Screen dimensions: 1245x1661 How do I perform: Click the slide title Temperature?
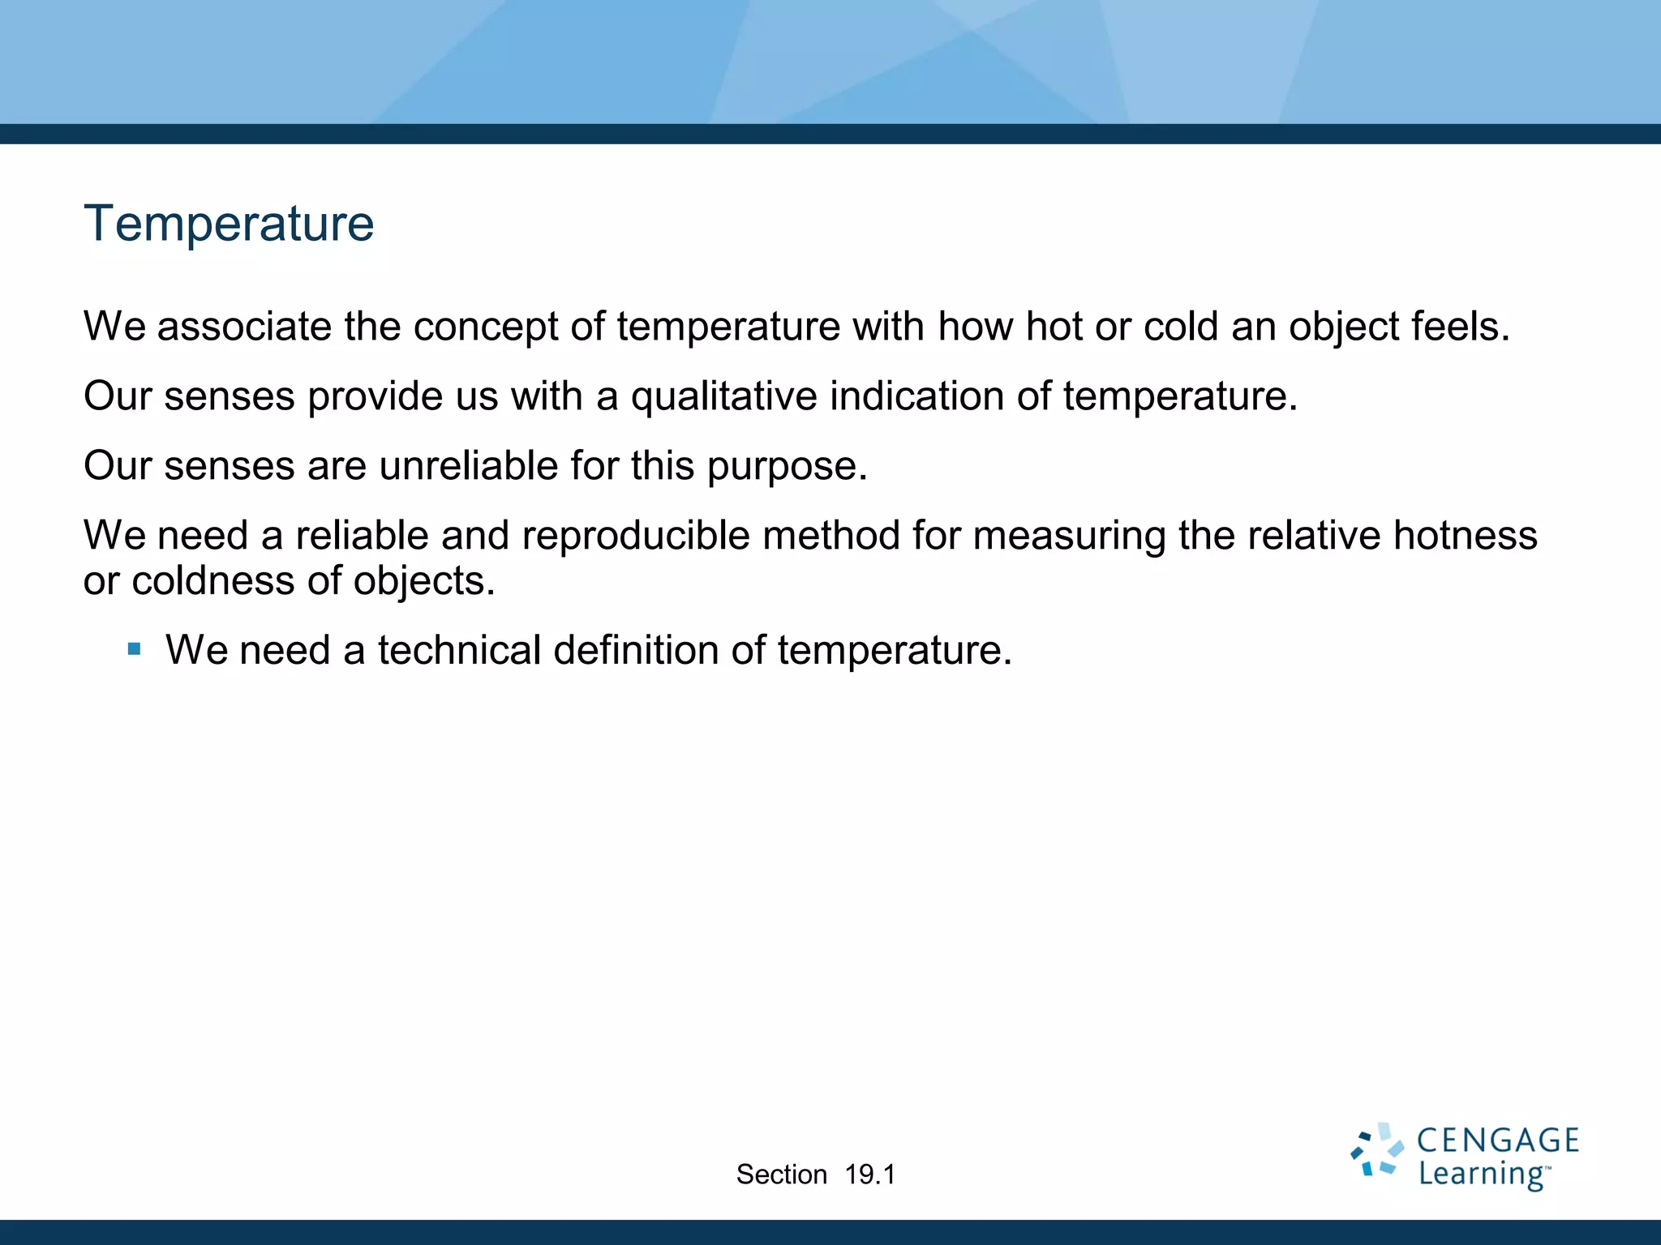pos(229,224)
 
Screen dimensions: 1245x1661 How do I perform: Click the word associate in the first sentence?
pos(244,327)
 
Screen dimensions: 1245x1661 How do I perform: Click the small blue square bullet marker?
pos(135,649)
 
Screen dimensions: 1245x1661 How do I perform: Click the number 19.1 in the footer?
pos(869,1174)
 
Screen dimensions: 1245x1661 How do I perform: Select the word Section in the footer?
pos(781,1174)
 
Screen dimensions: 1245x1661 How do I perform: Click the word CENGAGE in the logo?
pos(1497,1140)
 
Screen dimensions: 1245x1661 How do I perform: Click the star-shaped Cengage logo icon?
pos(1376,1149)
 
